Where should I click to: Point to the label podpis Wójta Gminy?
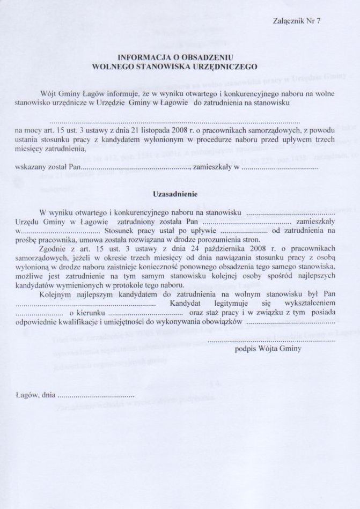pos(268,348)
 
